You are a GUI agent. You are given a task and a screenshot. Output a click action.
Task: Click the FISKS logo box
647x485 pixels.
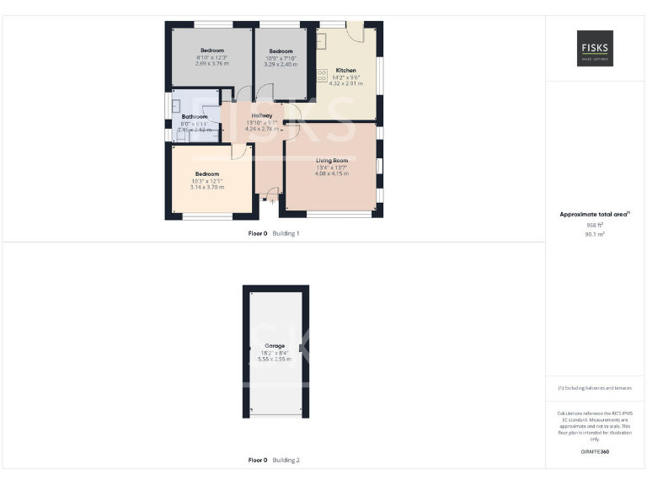tap(595, 48)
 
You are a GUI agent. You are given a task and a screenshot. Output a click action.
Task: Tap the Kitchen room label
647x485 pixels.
tap(345, 71)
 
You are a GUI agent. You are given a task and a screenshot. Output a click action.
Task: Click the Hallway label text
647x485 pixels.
tap(261, 115)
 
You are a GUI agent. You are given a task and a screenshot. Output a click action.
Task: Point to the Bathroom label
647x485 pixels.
tap(194, 117)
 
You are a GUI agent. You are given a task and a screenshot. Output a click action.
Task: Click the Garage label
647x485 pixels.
tap(275, 346)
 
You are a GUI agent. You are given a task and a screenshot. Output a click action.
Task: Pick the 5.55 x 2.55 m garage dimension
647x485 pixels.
tap(275, 359)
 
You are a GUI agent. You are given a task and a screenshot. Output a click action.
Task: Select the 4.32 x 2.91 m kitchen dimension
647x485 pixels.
tap(345, 84)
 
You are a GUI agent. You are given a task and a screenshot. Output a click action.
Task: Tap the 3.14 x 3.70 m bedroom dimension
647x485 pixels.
tap(206, 187)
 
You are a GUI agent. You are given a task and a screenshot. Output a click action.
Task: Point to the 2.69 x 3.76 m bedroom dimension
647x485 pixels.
tap(211, 63)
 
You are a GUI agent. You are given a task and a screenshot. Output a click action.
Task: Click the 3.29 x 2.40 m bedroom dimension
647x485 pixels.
tap(281, 63)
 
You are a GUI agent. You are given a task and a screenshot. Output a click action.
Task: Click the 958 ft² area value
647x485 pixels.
tap(595, 225)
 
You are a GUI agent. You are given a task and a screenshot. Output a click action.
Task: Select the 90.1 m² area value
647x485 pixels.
tap(595, 234)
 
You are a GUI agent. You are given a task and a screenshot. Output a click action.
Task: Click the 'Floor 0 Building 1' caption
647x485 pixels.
tap(274, 233)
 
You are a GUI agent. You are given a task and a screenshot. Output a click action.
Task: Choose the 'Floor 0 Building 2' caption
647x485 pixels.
tap(274, 461)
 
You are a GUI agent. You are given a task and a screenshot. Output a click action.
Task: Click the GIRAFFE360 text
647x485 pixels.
tap(595, 452)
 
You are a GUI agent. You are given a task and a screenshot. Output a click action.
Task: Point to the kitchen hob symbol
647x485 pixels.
tap(322, 75)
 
